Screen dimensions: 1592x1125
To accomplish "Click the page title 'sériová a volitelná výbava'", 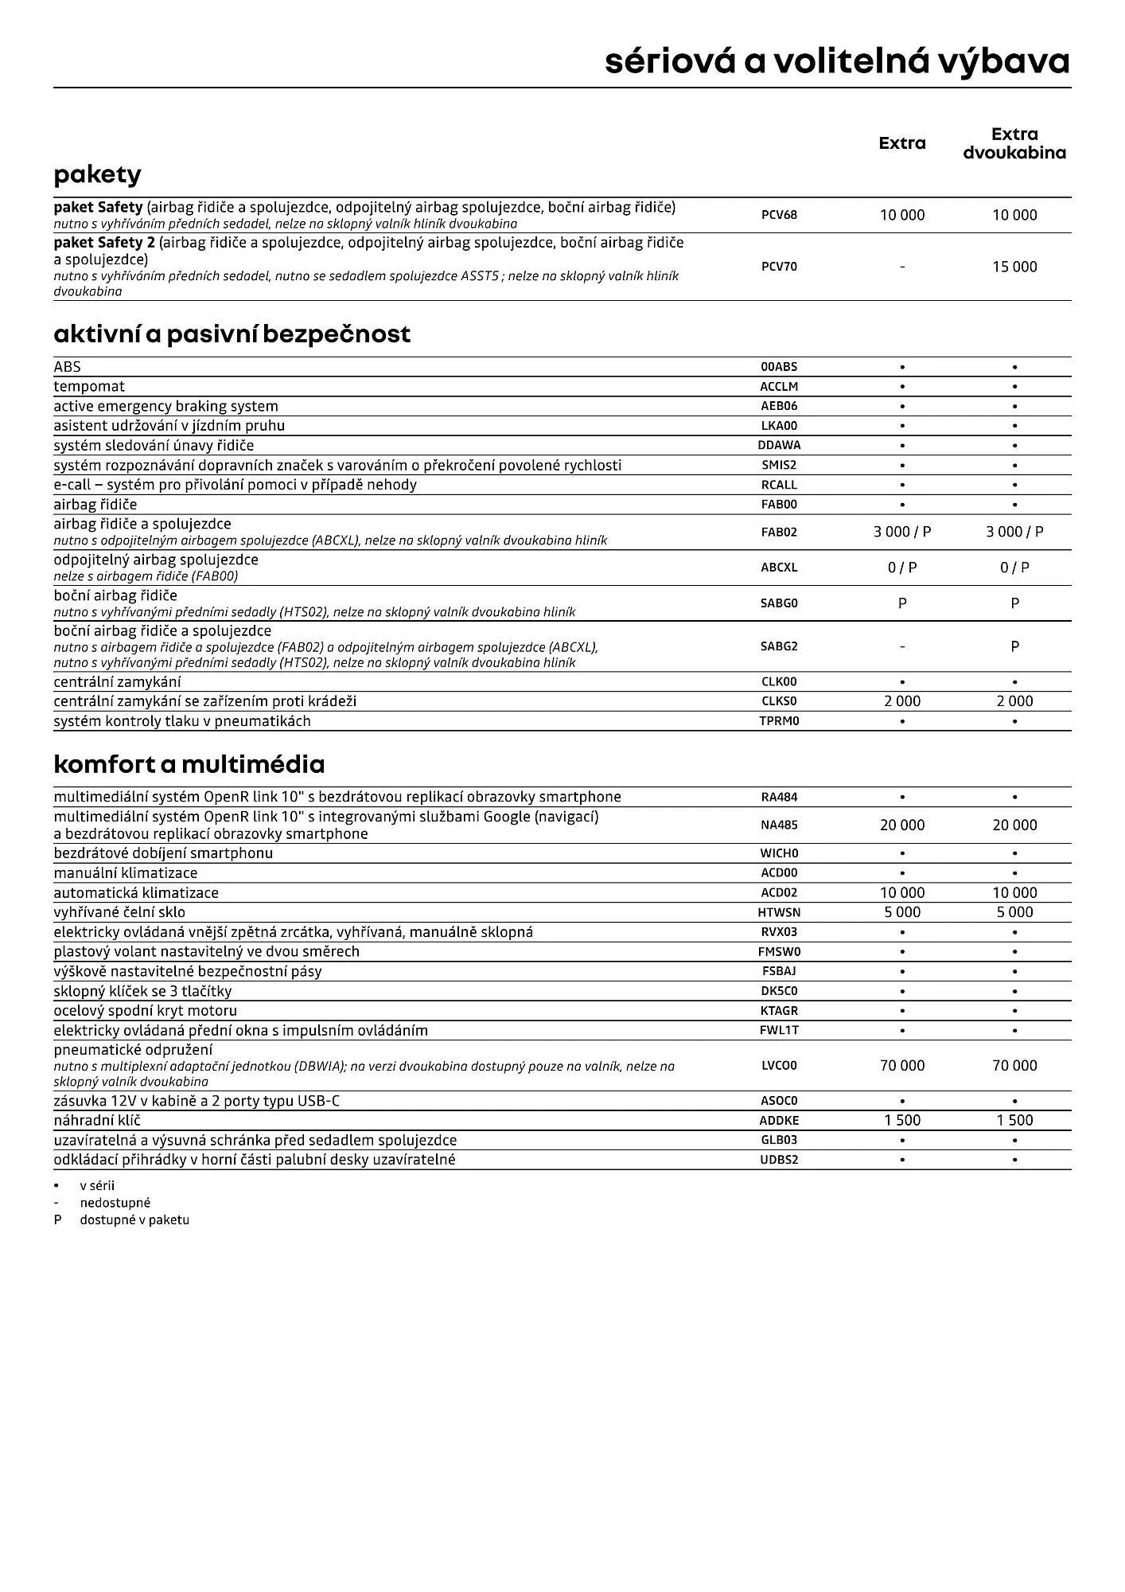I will tap(837, 61).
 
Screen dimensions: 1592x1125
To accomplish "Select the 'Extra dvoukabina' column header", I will tap(1014, 143).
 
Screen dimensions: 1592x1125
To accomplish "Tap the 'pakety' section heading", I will tap(97, 174).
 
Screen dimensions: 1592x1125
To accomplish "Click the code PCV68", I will tap(779, 215).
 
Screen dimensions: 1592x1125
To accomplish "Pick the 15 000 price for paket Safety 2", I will tap(1014, 267).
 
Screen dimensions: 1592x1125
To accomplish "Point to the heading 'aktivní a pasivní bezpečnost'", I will tap(232, 334).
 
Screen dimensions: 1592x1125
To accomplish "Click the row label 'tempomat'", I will tap(89, 386).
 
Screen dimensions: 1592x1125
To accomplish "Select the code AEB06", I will tap(779, 406).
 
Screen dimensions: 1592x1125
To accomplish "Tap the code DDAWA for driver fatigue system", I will tap(779, 445).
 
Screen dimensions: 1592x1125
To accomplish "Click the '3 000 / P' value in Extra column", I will tap(902, 532).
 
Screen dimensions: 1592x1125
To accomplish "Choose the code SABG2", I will tap(779, 646).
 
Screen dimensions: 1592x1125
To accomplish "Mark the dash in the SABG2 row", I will tap(902, 646).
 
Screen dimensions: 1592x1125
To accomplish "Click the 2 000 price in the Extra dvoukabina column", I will tap(1014, 701).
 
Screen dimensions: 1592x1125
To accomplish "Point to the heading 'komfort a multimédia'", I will tap(189, 764).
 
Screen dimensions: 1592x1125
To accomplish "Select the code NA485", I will tap(779, 825).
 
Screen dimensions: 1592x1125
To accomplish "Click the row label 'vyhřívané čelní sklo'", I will tap(119, 912).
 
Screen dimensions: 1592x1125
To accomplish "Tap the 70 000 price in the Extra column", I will tap(902, 1065).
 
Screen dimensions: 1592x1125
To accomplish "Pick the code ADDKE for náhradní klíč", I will tap(779, 1121).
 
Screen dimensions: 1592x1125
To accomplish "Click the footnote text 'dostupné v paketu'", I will tap(134, 1219).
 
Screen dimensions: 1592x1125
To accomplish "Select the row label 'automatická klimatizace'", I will tap(136, 892).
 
